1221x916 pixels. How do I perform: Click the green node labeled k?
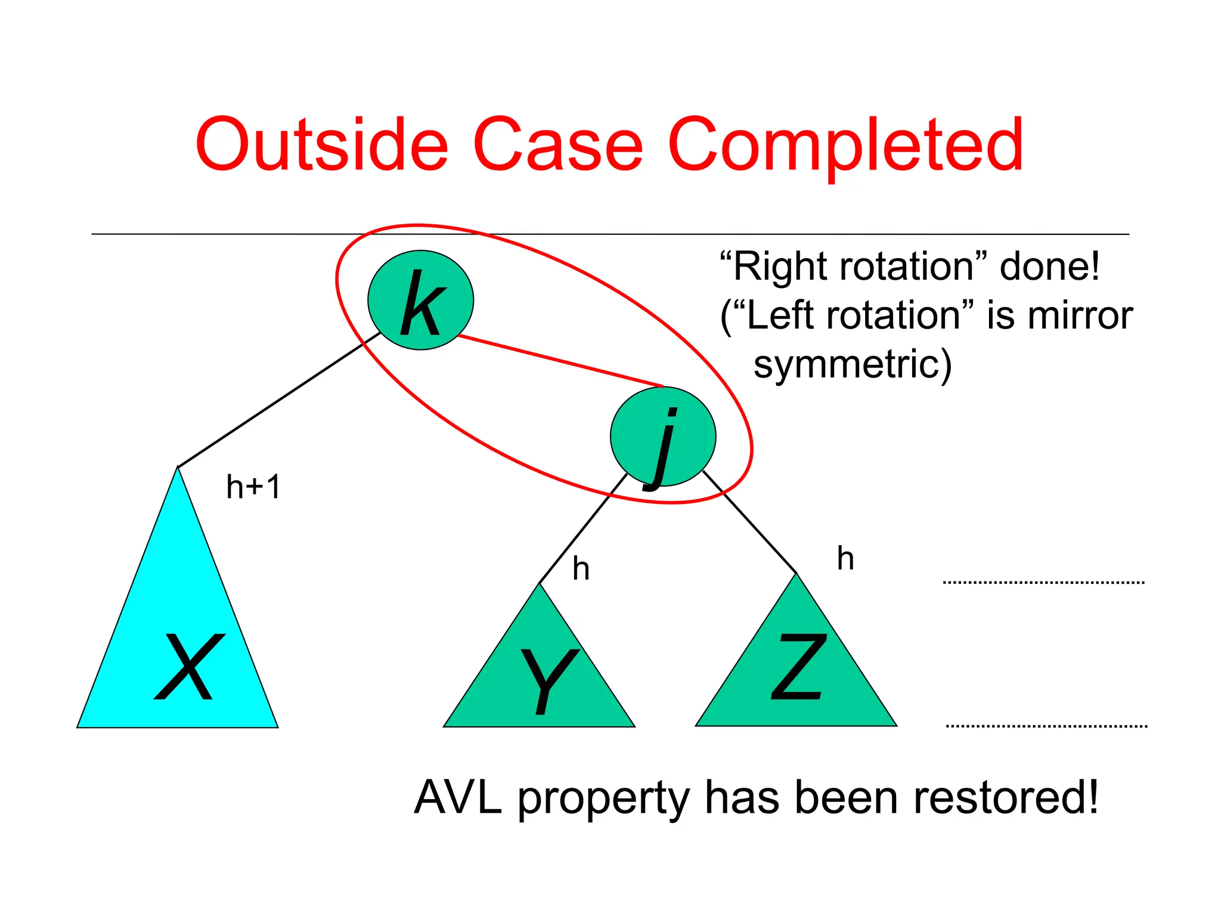(420, 300)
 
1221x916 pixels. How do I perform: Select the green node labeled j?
(662, 437)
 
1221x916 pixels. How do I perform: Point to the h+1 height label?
(253, 487)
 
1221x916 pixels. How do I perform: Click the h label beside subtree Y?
(581, 569)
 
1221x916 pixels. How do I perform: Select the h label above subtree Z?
(845, 559)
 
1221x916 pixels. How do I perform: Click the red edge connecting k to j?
(560, 361)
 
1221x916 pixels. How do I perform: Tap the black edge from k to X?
(279, 400)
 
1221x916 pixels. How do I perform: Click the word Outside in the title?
(322, 145)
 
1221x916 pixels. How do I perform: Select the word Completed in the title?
(845, 145)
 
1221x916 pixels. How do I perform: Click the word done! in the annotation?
(1049, 266)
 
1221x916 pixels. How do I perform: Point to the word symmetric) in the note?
(853, 364)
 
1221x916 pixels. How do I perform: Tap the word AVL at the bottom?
(458, 797)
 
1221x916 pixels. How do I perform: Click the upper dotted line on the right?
(1043, 582)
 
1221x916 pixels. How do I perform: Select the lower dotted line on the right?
(1046, 726)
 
